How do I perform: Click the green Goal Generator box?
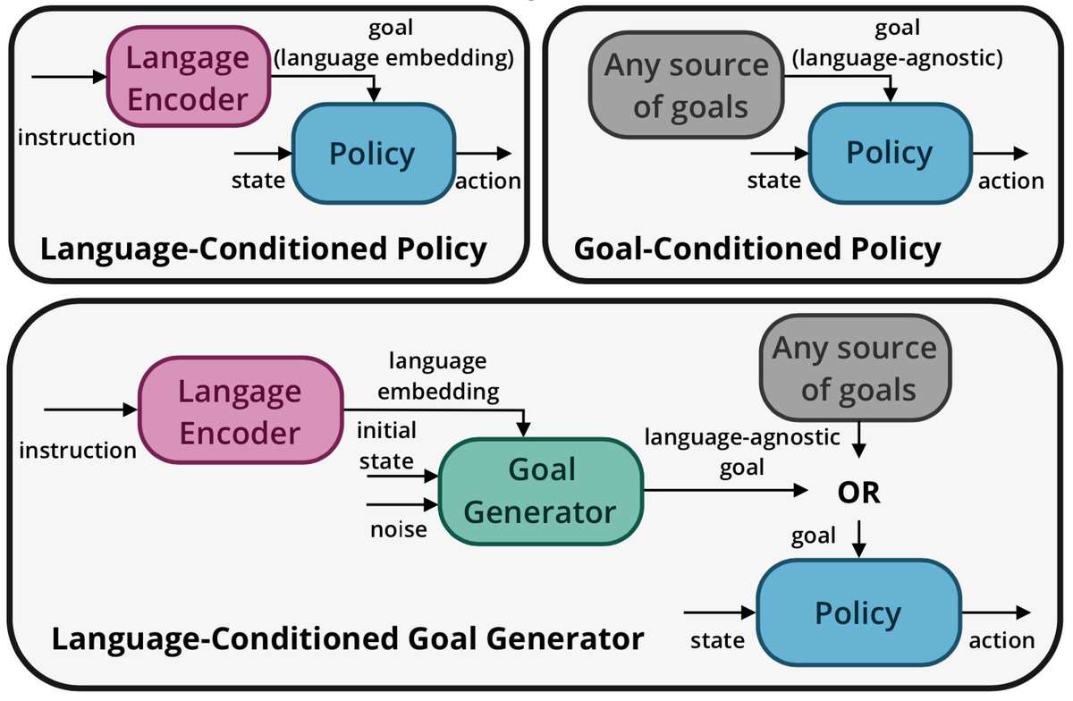point(541,491)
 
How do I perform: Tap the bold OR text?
point(858,493)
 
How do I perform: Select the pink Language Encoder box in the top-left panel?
point(189,79)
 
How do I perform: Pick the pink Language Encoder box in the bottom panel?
point(240,412)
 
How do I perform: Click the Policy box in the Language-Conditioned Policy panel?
point(371,155)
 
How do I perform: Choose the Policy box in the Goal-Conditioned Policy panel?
point(889,153)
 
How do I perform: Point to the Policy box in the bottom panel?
point(858,613)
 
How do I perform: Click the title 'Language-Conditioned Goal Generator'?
point(348,640)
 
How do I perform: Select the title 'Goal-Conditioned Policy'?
point(756,249)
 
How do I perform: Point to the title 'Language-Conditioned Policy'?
point(264,249)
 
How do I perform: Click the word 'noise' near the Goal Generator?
point(399,529)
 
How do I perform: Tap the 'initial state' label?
point(386,446)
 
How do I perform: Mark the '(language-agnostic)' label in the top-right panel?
point(897,59)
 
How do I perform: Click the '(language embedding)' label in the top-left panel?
point(394,59)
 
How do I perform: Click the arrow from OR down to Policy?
point(858,539)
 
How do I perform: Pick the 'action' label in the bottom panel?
point(1001,640)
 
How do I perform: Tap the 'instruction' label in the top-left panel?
point(77,137)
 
